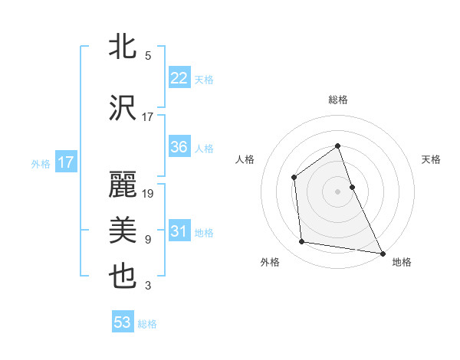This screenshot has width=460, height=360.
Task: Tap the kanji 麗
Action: click(123, 185)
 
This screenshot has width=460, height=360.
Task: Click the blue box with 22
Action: click(179, 78)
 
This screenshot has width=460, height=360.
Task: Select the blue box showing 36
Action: click(179, 147)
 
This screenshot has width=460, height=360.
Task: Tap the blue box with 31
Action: click(179, 231)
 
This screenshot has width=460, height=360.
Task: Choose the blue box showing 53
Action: click(122, 322)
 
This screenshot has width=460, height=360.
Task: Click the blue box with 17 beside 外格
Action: click(65, 162)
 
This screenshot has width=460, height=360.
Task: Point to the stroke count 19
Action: click(149, 194)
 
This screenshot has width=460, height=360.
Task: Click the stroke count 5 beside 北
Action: click(148, 56)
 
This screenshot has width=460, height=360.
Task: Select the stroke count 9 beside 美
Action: click(148, 240)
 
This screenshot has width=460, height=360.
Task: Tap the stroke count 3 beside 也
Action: click(148, 286)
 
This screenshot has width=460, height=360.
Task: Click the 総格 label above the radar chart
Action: click(338, 100)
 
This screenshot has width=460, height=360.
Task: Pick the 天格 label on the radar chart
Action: click(432, 159)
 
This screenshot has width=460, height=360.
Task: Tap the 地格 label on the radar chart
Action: click(402, 262)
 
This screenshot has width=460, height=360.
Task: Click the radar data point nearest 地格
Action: click(382, 253)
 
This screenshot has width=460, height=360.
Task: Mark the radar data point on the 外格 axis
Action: click(302, 242)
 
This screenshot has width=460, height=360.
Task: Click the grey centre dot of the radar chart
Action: click(338, 191)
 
